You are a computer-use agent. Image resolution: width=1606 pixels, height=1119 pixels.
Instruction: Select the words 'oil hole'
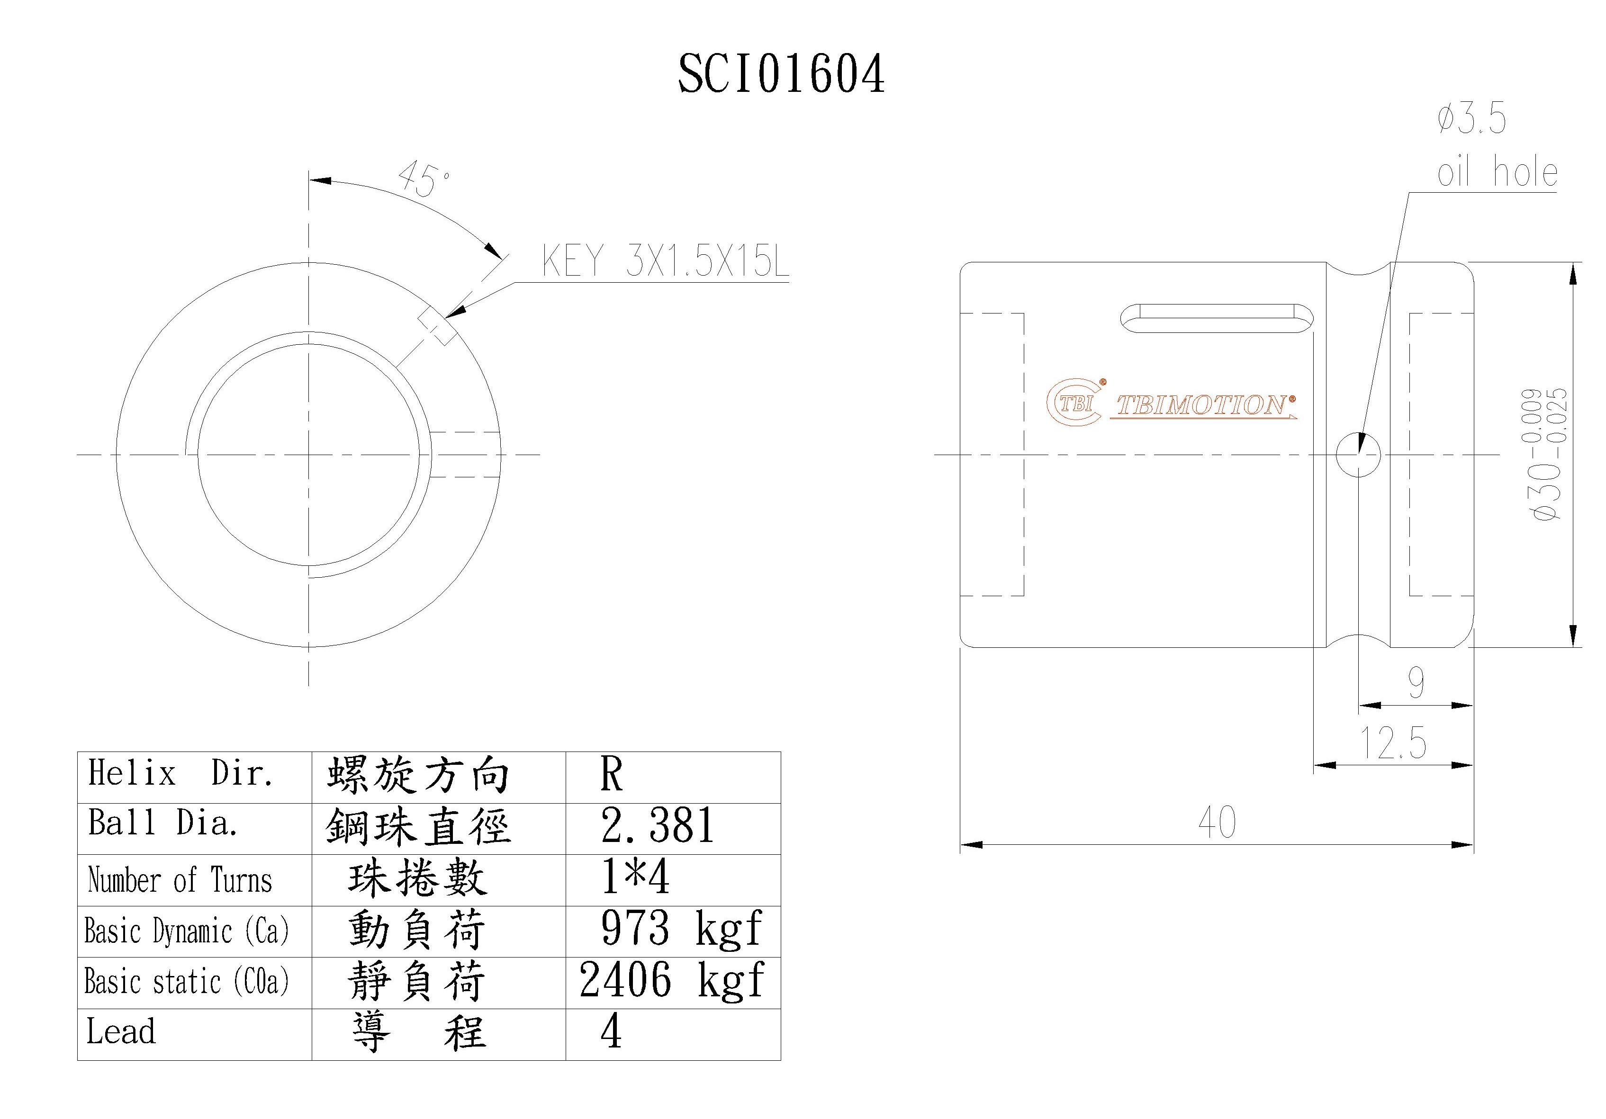[x=1497, y=172]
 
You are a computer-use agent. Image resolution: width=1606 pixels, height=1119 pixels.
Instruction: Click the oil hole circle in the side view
[x=1358, y=455]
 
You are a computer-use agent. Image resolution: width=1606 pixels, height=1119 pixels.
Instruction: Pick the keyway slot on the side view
[x=1217, y=318]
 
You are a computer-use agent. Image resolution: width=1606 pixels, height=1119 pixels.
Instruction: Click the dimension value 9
[x=1416, y=682]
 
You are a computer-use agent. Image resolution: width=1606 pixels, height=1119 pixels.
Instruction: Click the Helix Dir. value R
[x=611, y=775]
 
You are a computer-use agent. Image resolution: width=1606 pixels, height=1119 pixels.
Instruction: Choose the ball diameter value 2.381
[x=658, y=826]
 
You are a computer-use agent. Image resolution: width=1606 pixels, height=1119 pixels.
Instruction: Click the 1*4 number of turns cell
[x=635, y=877]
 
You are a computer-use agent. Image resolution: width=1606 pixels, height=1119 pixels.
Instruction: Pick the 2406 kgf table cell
[x=671, y=981]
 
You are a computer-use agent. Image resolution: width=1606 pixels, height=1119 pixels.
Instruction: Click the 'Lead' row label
[x=121, y=1031]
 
